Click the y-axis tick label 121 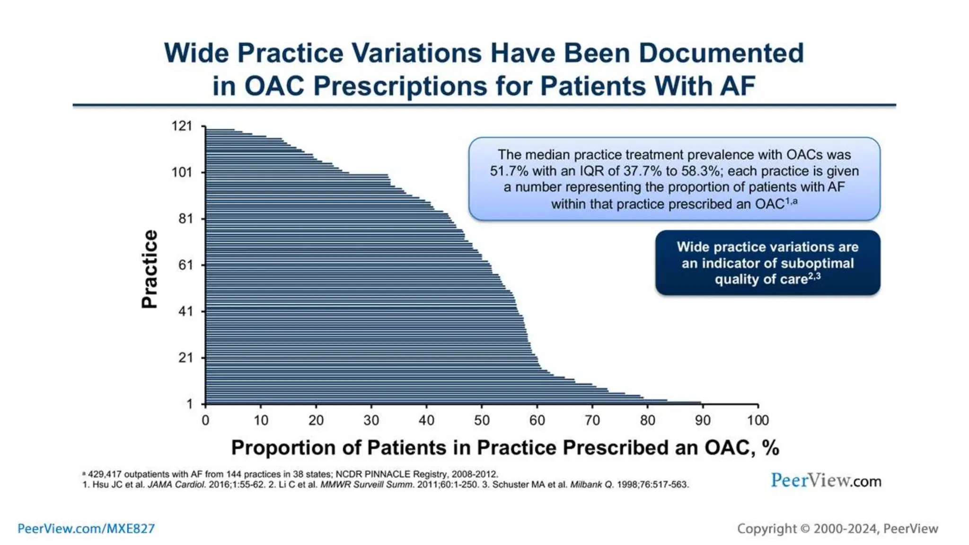(x=182, y=126)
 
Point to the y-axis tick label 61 (x=185, y=265)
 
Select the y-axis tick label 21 (x=185, y=358)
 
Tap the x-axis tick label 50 (x=482, y=420)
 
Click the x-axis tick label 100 (x=758, y=420)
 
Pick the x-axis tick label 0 (x=205, y=420)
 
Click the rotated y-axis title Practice (x=150, y=269)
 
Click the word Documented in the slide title (x=721, y=53)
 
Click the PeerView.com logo (x=826, y=481)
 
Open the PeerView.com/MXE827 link (x=86, y=528)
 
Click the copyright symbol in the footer (x=805, y=528)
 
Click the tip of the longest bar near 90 (x=700, y=403)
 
